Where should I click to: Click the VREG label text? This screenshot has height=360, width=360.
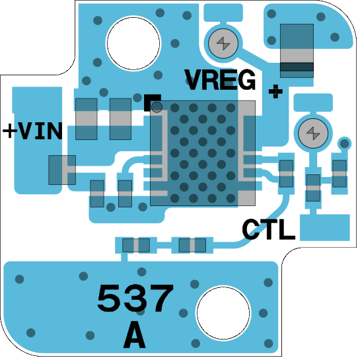point(220,80)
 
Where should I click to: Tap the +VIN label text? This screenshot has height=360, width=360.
point(32,131)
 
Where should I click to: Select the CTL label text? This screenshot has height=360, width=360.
point(268,229)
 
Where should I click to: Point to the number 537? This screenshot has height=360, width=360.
point(135,298)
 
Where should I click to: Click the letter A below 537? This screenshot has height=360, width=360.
point(134,335)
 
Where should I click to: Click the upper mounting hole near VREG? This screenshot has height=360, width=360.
point(133,43)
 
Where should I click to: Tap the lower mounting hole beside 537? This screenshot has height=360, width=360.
point(223,312)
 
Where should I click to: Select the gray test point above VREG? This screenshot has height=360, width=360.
point(223,43)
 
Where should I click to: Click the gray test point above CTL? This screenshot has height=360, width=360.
point(313,133)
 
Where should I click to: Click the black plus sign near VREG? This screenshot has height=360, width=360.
point(275,91)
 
